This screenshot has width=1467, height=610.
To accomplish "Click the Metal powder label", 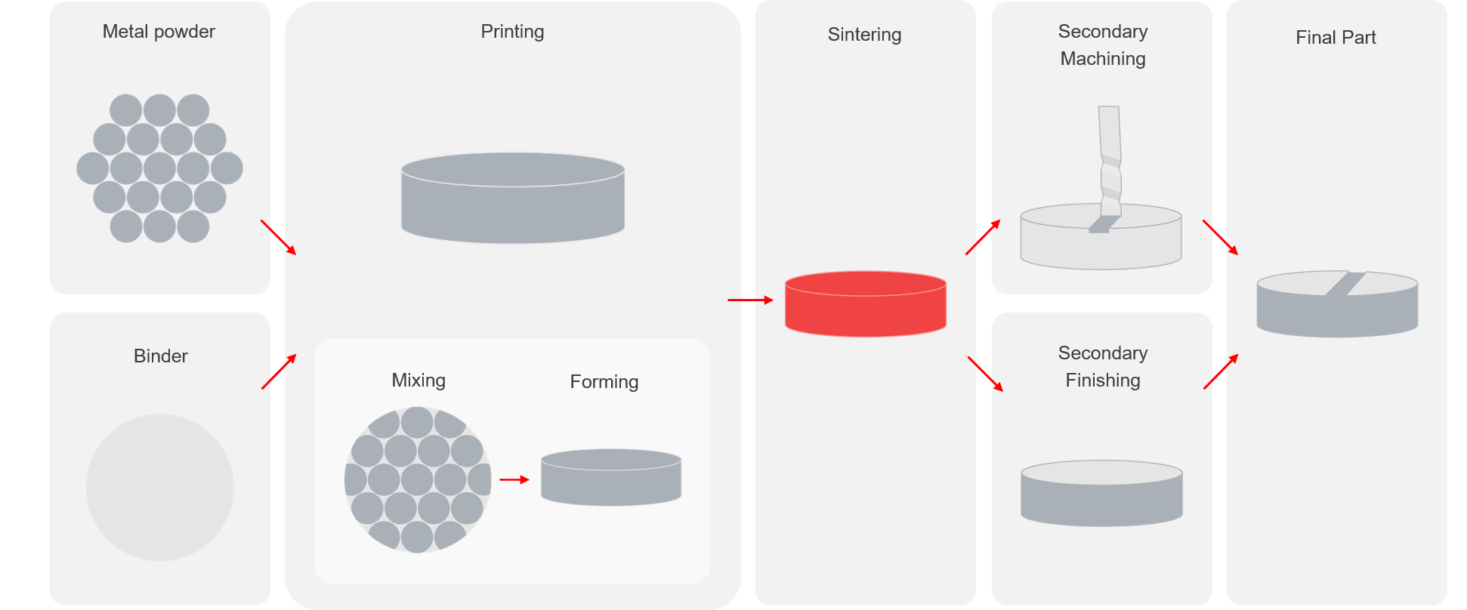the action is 159,32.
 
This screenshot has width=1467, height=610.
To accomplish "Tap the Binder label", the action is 160,356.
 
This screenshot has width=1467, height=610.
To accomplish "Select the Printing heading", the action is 512,32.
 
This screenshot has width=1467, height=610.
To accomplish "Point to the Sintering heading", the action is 864,35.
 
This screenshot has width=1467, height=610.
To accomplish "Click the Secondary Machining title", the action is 1102,45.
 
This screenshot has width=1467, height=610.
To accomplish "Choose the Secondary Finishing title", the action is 1102,367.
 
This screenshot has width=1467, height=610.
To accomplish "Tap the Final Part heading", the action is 1336,38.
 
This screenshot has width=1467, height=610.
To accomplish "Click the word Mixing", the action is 418,380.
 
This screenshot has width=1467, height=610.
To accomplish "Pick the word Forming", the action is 604,382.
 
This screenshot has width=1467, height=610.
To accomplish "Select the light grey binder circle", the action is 160,487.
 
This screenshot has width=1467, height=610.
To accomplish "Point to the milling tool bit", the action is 1109,162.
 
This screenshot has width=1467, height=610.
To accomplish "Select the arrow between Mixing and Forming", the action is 514,479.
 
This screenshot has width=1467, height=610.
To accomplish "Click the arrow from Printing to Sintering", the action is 750,300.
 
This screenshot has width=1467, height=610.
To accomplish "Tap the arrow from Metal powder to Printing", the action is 279,237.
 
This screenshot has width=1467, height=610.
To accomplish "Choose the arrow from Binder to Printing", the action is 279,371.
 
